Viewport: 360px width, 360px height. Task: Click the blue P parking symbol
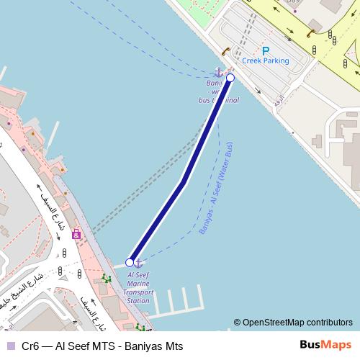[x=266, y=50]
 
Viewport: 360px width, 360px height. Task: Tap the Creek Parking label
[x=265, y=61]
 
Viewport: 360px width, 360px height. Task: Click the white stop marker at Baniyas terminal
[x=230, y=78]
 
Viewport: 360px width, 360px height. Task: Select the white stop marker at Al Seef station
[x=130, y=262]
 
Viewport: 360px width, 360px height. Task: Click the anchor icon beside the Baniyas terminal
[x=218, y=72]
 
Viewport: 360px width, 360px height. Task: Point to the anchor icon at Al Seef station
[x=139, y=263]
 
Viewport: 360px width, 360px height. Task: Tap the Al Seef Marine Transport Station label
[x=138, y=287]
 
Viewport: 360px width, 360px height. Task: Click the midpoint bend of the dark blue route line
[x=184, y=181]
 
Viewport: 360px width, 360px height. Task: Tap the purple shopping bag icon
[x=76, y=234]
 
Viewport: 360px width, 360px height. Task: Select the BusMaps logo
[x=322, y=346]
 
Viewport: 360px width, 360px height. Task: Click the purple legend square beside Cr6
[x=11, y=346]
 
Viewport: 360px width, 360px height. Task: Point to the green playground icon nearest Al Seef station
[x=107, y=279]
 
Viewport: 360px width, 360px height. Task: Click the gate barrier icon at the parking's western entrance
[x=226, y=51]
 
